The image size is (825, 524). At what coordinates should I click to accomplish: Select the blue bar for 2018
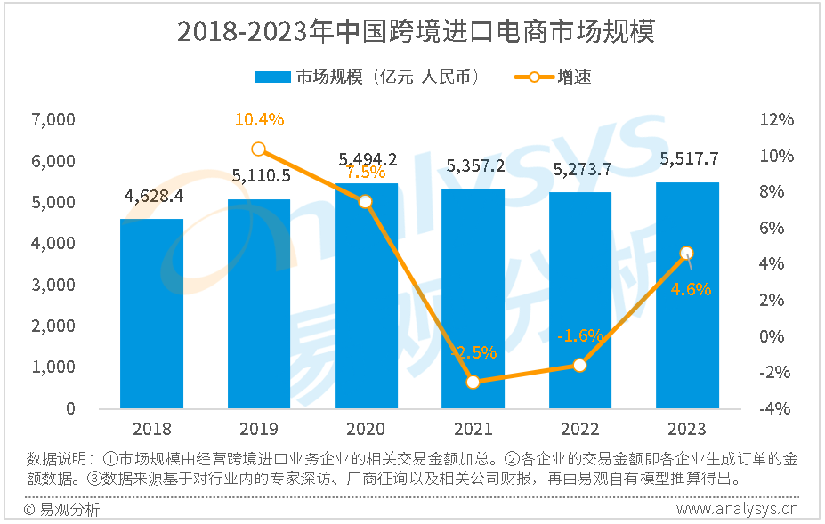click(152, 313)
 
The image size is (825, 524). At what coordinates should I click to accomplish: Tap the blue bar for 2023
click(687, 295)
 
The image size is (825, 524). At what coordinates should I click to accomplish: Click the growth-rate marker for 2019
click(259, 149)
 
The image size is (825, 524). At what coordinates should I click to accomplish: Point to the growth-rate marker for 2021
click(473, 382)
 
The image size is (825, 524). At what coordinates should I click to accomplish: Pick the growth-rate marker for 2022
click(580, 365)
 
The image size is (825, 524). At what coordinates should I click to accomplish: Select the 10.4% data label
click(259, 119)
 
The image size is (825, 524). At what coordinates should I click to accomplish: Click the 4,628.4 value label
click(152, 196)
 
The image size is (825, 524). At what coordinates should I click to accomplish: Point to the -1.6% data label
click(579, 336)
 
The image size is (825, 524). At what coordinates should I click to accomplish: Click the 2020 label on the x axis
click(366, 430)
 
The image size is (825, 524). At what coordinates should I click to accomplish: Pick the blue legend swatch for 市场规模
click(273, 77)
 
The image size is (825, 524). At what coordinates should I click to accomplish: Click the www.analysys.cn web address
click(736, 509)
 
